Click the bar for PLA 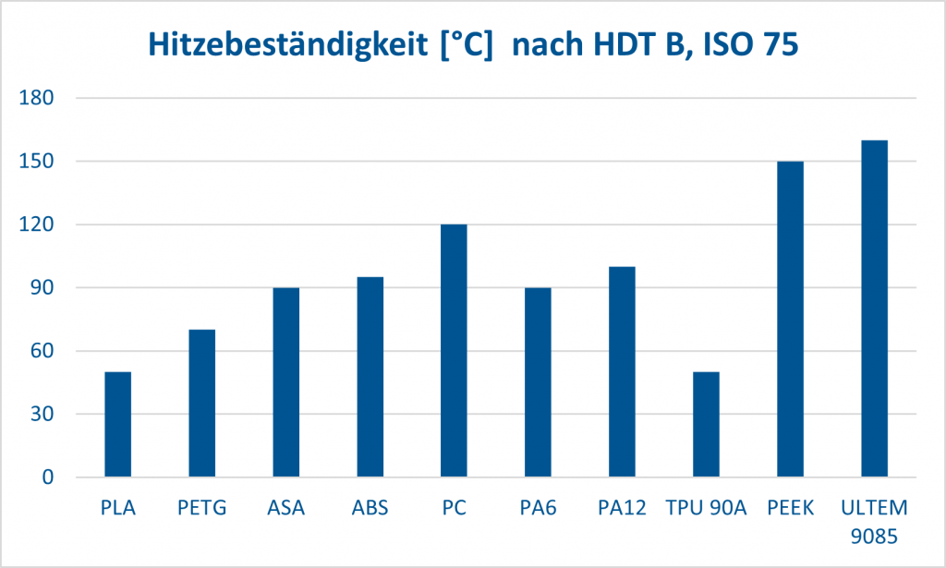[x=118, y=425]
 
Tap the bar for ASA [x=286, y=382]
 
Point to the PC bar [x=455, y=351]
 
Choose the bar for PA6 [x=539, y=382]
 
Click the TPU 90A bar [x=707, y=425]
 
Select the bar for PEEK [x=791, y=320]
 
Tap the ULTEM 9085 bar [x=875, y=308]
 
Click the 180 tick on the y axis [x=37, y=98]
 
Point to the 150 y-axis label [x=37, y=162]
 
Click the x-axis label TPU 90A [x=706, y=507]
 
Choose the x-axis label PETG [x=201, y=507]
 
